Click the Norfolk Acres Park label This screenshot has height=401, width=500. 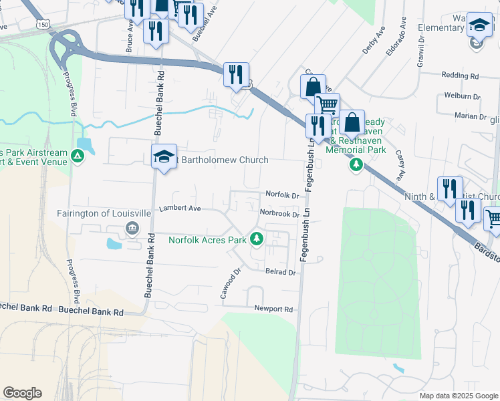click(207, 239)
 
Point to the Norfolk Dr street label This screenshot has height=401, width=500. click(281, 194)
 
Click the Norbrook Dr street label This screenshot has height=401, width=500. click(279, 214)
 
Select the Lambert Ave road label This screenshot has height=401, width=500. click(180, 209)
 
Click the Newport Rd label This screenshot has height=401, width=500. click(273, 309)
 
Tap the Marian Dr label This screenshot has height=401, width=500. click(470, 116)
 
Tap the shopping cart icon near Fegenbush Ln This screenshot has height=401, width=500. click(327, 105)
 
